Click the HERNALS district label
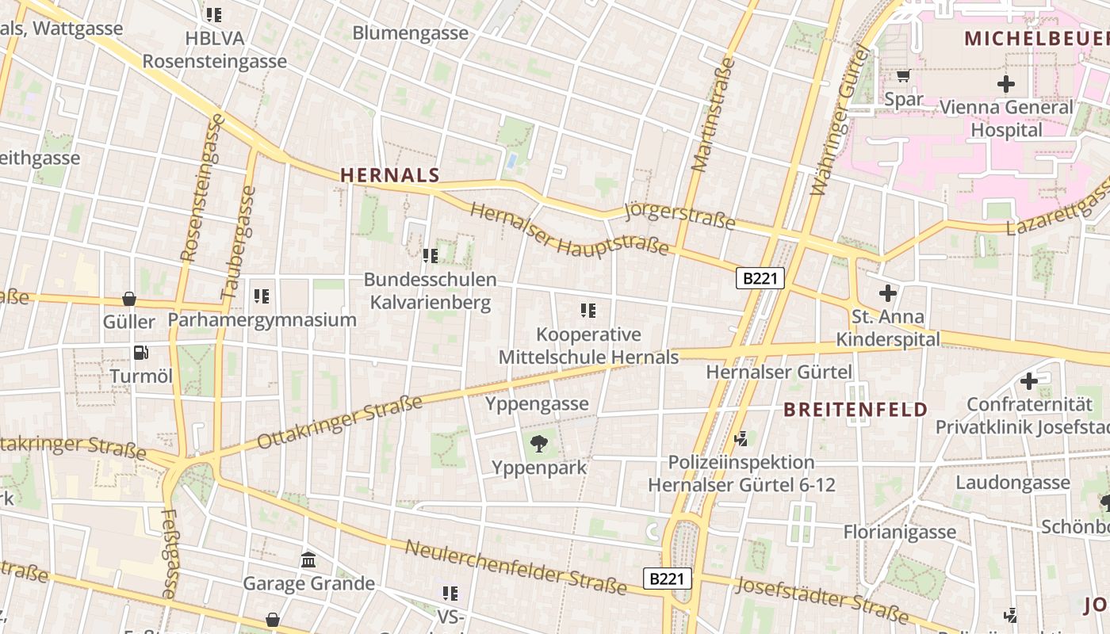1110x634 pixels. pos(390,175)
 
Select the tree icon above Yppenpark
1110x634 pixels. pos(539,444)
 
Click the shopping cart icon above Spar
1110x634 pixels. pos(903,76)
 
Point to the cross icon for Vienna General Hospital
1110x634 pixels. pos(1006,83)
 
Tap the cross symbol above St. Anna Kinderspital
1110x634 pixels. pos(888,294)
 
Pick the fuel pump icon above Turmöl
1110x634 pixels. pos(141,353)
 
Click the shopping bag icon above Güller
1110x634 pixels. pos(129,299)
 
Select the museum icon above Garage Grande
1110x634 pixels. pos(308,561)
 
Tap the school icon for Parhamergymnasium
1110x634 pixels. pos(262,296)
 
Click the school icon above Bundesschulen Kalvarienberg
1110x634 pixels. pos(431,256)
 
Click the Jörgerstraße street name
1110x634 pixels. pos(680,216)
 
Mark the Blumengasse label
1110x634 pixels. pos(410,33)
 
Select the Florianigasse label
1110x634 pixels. pos(900,532)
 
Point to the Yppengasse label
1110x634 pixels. pos(537,404)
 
